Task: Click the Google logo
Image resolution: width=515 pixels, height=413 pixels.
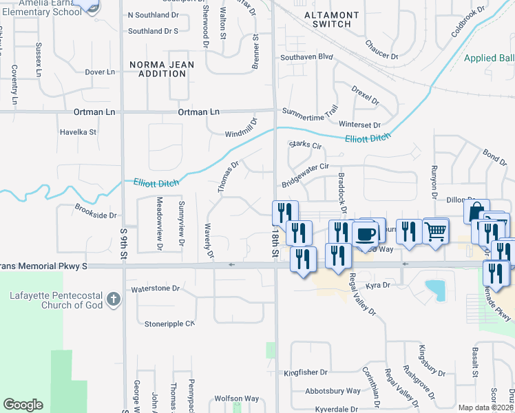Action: [x=23, y=405]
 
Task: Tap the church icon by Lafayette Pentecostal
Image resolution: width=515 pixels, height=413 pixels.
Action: [x=114, y=300]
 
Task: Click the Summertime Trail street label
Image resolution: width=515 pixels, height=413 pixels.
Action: [x=311, y=111]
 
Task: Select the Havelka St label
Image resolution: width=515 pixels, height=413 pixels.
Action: [x=78, y=131]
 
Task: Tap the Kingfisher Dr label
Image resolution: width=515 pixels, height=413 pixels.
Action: [x=305, y=372]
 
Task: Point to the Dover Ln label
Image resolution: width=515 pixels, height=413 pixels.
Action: [x=99, y=72]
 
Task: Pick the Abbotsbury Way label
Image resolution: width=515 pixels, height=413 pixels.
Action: [x=333, y=391]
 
